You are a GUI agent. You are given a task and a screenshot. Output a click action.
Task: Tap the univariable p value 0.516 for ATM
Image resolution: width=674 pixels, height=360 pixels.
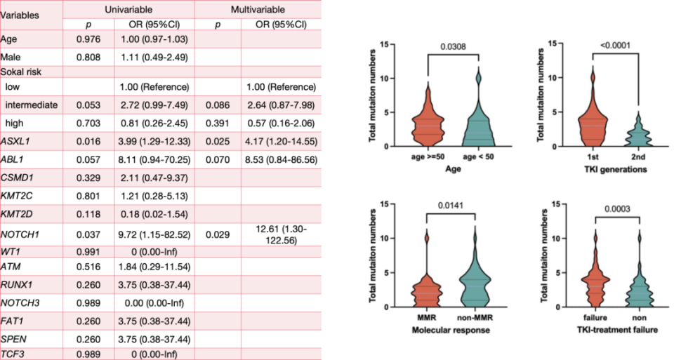point(89,267)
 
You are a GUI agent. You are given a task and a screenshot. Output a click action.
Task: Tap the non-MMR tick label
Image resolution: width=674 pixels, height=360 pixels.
point(477,318)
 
